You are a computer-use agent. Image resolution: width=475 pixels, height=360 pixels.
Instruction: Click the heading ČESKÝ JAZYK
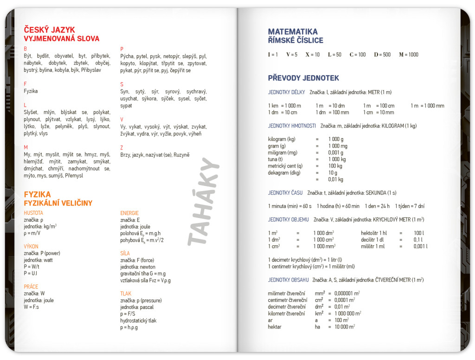pos(49,30)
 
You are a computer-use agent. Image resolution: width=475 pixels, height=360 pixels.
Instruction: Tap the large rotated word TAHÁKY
pos(204,201)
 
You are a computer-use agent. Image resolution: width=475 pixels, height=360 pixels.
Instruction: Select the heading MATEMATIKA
pos(293,32)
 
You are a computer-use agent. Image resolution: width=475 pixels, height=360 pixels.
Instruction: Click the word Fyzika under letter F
pos(31,91)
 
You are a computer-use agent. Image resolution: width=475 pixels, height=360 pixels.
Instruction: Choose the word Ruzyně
pos(181,155)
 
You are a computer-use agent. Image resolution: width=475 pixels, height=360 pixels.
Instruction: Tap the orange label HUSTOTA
pos(33,213)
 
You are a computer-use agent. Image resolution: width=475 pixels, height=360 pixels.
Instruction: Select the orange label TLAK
pos(126,294)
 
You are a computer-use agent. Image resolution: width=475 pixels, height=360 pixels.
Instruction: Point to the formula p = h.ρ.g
pos(129,328)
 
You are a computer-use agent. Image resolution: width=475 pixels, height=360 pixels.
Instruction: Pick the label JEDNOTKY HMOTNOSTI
pos(292,126)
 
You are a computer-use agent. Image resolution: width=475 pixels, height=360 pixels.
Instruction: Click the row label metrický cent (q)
pos(285,166)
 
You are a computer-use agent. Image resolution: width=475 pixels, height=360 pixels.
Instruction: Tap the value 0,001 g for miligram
pos(336,153)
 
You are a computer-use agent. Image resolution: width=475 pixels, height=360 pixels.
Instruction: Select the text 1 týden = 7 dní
pos(410,206)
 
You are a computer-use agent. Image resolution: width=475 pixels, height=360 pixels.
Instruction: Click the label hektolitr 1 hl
pos(373,233)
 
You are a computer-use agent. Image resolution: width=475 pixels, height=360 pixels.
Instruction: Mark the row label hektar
pos(275,327)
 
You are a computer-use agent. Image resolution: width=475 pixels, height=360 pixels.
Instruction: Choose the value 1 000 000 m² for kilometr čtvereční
pos(347,314)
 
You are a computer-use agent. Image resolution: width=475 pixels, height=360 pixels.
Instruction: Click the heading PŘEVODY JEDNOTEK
pos(303,78)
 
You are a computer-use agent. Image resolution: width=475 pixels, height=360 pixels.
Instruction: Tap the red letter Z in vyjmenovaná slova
pos(122,148)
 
